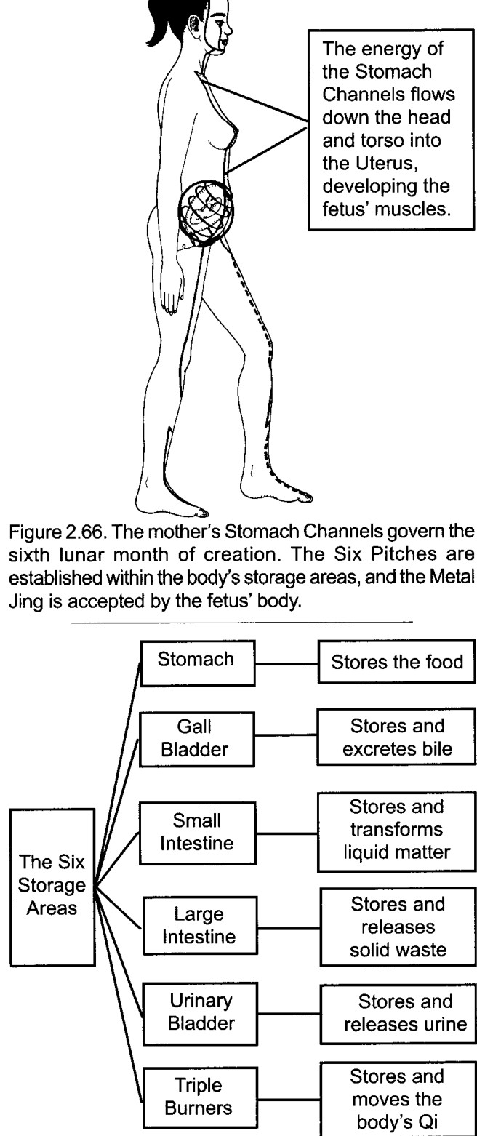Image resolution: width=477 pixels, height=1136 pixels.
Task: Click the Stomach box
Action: (197, 663)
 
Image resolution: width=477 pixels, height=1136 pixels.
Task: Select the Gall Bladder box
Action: (196, 739)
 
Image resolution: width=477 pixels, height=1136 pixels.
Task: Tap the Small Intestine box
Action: (197, 833)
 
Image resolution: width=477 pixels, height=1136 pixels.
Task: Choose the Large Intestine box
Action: (200, 926)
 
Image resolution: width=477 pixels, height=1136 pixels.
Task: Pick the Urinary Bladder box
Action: (200, 1013)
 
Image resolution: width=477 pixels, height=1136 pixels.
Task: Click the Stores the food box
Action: (396, 661)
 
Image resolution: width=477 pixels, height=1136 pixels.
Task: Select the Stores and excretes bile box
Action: (396, 737)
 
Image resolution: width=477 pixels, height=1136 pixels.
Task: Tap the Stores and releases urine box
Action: (398, 1014)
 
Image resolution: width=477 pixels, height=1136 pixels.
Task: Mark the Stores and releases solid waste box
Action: (398, 926)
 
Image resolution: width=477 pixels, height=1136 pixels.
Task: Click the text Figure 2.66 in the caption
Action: (56, 532)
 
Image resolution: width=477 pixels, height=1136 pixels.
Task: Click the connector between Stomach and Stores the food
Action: (286, 663)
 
